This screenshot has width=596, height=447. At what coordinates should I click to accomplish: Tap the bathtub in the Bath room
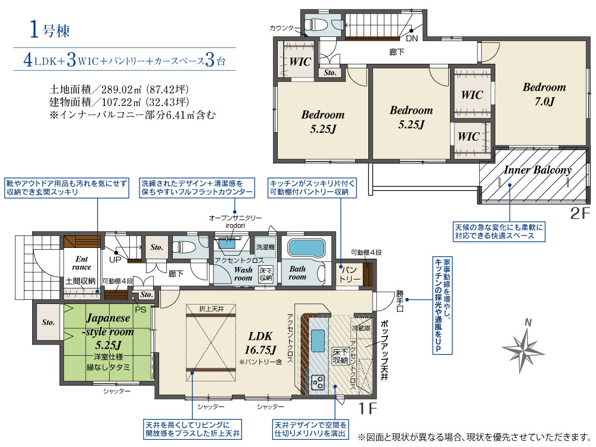click(306, 248)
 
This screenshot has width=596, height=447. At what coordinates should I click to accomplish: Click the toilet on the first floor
click(184, 247)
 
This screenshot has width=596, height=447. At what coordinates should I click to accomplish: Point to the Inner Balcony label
click(538, 170)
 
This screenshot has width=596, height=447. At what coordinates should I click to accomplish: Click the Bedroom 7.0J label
click(544, 94)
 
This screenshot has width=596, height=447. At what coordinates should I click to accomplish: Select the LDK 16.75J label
click(260, 343)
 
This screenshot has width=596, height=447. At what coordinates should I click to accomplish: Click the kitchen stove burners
click(318, 383)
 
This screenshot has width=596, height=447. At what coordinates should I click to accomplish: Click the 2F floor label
click(580, 213)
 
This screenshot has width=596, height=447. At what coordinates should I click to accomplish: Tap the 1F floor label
click(368, 409)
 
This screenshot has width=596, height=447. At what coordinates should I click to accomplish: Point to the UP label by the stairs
click(115, 260)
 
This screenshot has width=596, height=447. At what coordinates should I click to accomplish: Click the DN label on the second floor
click(412, 38)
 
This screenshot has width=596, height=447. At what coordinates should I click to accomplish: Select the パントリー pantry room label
click(349, 274)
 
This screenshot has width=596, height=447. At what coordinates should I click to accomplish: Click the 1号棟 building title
click(49, 30)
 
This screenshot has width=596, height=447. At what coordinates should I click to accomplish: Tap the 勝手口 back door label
click(400, 300)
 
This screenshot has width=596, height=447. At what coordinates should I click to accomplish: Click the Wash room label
click(243, 274)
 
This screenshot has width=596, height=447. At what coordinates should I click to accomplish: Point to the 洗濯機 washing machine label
click(265, 247)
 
